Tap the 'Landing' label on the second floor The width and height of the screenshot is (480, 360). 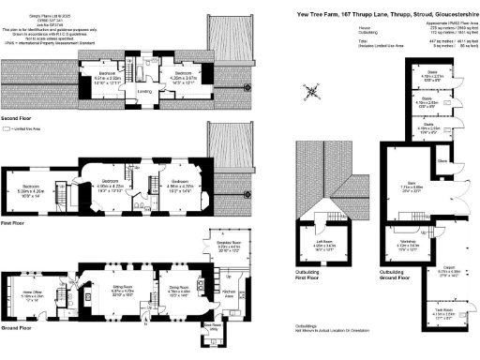(x=144, y=91)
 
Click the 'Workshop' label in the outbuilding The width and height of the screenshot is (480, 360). (x=408, y=246)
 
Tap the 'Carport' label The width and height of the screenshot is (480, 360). (x=447, y=271)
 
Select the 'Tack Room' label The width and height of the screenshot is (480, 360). (x=447, y=312)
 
